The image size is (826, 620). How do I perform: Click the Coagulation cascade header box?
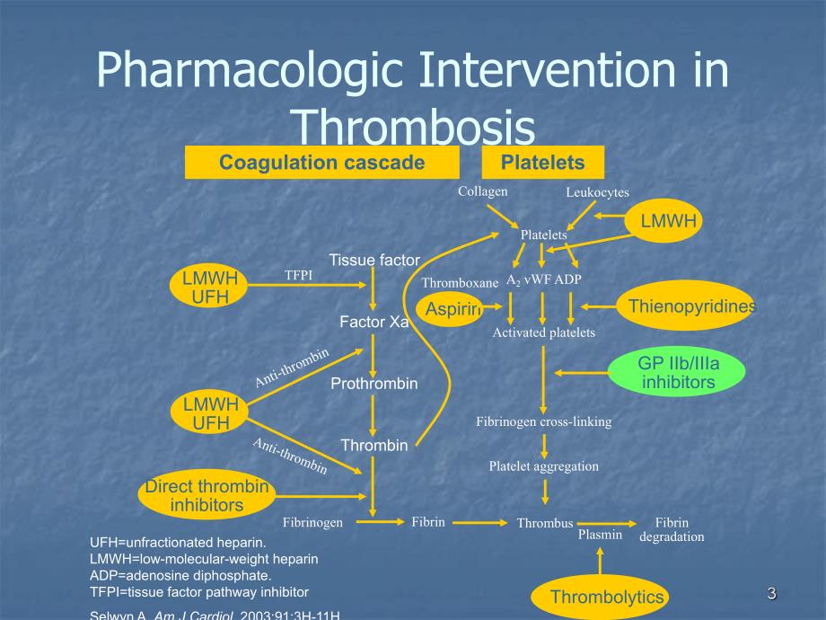point(321,163)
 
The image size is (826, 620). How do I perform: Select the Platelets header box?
point(542,163)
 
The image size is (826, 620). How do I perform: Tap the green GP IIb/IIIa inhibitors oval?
point(678,373)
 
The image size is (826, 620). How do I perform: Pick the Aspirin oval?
point(452,309)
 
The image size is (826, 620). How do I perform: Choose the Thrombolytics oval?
point(607,597)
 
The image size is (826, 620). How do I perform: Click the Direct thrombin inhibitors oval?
point(207,496)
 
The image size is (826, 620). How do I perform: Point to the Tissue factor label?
point(373,261)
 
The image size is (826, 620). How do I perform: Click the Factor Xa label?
point(373,322)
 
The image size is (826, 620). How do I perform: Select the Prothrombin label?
point(373,384)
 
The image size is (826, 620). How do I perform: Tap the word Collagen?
point(482,191)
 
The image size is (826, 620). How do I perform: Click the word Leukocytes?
point(597,192)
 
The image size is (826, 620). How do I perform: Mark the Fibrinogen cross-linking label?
point(543,421)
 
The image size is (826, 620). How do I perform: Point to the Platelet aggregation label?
point(543,466)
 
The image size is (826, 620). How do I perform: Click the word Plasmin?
point(600,535)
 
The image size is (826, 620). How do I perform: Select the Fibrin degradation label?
point(672,529)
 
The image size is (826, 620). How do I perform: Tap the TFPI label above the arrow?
point(298,276)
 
